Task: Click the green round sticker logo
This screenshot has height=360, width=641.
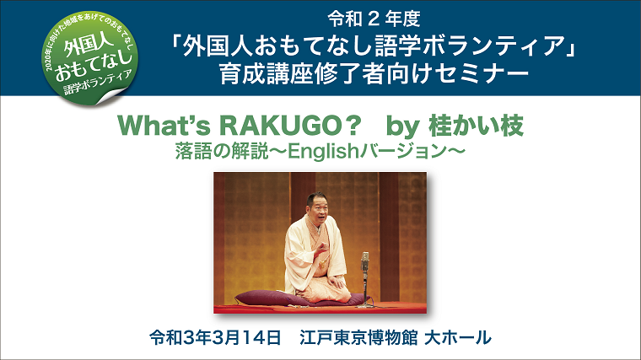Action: click(89, 58)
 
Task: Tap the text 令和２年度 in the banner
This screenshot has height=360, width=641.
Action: click(374, 19)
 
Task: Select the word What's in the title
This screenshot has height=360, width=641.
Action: click(164, 126)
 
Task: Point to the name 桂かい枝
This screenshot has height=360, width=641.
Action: click(476, 126)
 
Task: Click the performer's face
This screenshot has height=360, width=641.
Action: click(318, 207)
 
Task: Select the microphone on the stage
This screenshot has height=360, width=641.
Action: click(364, 279)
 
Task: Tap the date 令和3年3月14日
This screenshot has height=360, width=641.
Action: click(214, 337)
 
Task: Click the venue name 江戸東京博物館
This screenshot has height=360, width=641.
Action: click(358, 337)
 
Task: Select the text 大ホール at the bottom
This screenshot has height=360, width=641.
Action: click(457, 337)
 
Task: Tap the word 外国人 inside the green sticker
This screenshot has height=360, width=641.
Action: click(84, 45)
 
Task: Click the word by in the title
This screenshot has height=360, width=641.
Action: click(402, 126)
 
